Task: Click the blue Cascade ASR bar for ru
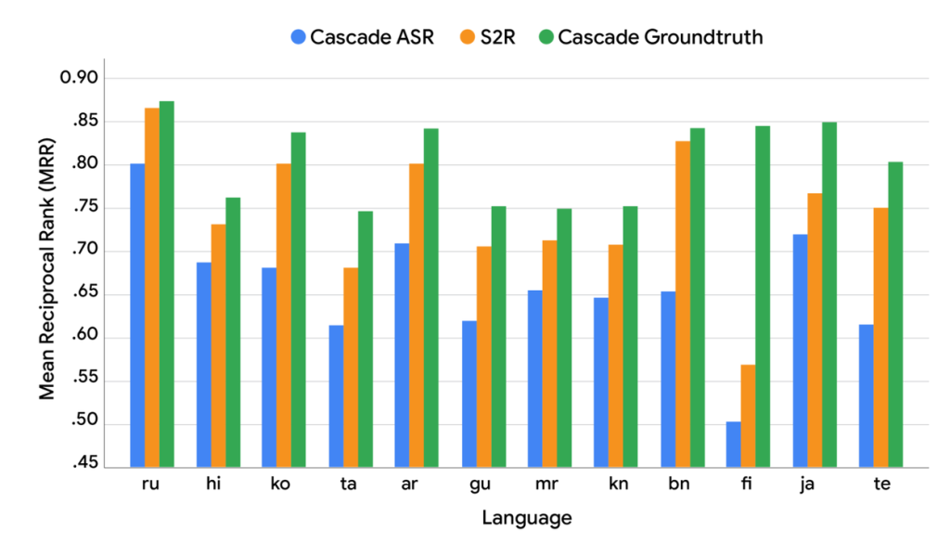pyautogui.click(x=137, y=315)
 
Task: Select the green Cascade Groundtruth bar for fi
pyautogui.click(x=763, y=296)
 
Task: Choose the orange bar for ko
pyautogui.click(x=284, y=315)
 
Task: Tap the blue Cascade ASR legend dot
pyautogui.click(x=298, y=37)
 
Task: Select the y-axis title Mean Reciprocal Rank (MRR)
pyautogui.click(x=46, y=276)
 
